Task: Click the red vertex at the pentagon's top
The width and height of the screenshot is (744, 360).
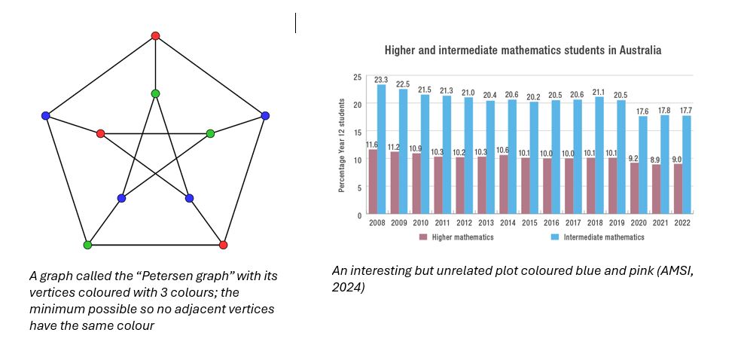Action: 155,35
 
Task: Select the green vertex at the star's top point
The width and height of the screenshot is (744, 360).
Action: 155,93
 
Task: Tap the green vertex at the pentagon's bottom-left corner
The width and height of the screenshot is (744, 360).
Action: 87,245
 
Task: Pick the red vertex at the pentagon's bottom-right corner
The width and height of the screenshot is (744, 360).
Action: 223,245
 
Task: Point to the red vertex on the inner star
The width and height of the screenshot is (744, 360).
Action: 100,133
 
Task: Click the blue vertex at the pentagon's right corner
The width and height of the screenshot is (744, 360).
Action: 265,115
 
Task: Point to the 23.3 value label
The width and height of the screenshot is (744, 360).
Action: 381,79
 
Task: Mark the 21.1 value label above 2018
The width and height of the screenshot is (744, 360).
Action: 599,92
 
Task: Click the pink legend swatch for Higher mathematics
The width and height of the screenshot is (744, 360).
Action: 423,236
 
